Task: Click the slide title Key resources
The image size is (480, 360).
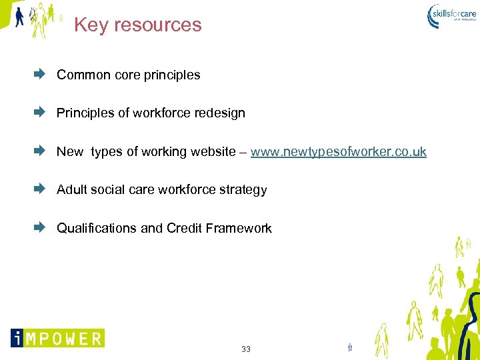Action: pos(137,25)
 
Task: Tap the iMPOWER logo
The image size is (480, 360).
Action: pos(57,338)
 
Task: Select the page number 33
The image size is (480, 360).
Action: pos(246,349)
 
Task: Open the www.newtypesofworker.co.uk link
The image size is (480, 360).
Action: pos(338,152)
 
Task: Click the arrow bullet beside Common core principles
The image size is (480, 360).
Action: pos(39,75)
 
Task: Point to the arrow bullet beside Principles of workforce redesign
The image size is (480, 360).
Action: pos(39,113)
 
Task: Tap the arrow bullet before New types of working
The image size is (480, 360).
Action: pos(39,151)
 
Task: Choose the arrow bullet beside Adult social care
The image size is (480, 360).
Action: pos(39,189)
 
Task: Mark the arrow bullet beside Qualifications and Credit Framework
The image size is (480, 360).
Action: pos(39,228)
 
